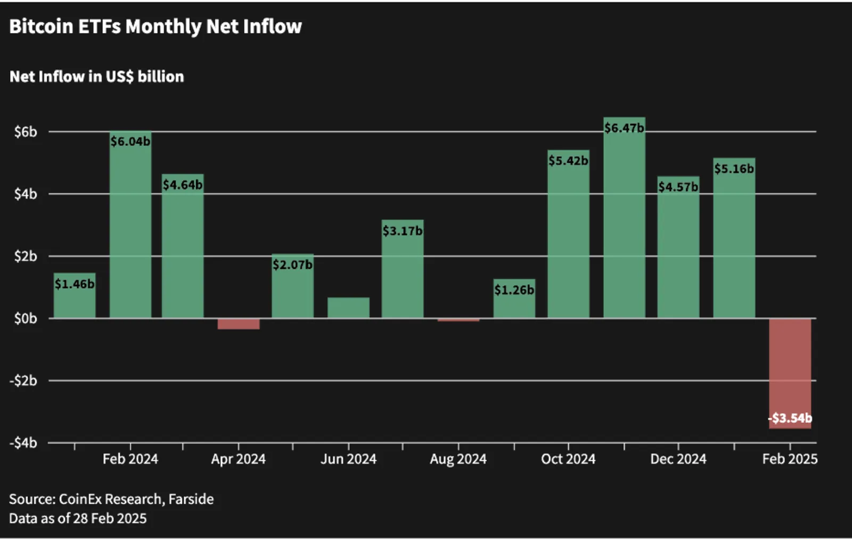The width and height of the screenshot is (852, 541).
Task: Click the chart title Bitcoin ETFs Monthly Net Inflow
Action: (x=155, y=27)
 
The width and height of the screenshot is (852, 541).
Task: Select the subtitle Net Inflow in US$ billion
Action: (x=96, y=77)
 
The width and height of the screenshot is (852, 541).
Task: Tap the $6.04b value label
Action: (x=130, y=142)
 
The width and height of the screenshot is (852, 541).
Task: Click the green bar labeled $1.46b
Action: (x=75, y=295)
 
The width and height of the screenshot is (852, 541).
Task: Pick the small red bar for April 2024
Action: (x=239, y=324)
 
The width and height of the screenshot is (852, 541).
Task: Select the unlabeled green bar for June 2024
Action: (x=348, y=307)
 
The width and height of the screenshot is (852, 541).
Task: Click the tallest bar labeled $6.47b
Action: (x=624, y=218)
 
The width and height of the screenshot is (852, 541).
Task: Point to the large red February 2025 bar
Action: (x=790, y=374)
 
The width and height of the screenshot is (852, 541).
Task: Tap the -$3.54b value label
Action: (x=790, y=418)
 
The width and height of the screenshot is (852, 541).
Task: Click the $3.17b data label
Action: (x=403, y=231)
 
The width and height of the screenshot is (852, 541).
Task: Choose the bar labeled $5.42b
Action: (x=568, y=234)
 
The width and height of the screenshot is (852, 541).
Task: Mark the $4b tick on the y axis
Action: (x=26, y=194)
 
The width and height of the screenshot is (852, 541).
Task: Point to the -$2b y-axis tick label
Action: (x=23, y=380)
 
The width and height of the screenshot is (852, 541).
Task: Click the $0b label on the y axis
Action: (x=26, y=318)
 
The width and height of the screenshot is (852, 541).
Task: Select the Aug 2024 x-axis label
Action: (x=458, y=459)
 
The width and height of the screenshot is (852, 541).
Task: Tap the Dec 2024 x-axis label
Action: (x=678, y=459)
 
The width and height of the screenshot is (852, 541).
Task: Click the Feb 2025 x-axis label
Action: (x=790, y=459)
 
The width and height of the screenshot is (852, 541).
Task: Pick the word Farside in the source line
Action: (x=191, y=499)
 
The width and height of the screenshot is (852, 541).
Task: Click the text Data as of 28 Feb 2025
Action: (x=78, y=518)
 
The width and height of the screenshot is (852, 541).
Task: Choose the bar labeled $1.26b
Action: (x=514, y=299)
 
